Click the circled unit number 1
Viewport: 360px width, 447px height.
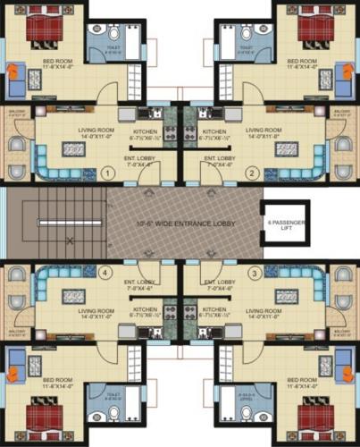pos(106,173)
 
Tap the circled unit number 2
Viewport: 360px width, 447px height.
pos(252,173)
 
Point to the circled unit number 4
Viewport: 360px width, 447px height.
pos(106,273)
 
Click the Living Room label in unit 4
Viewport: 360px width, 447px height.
pos(94,313)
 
